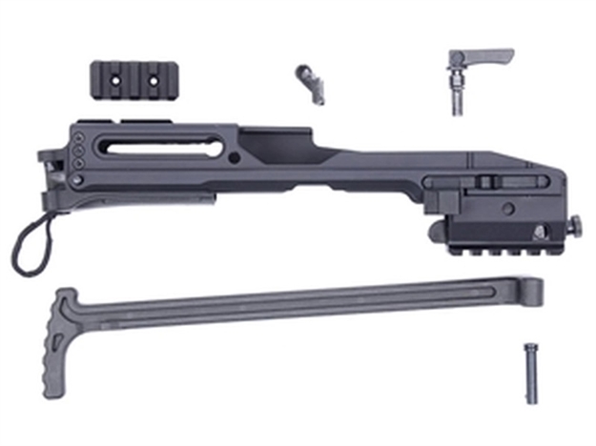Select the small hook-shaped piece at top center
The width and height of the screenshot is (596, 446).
point(310,82)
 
